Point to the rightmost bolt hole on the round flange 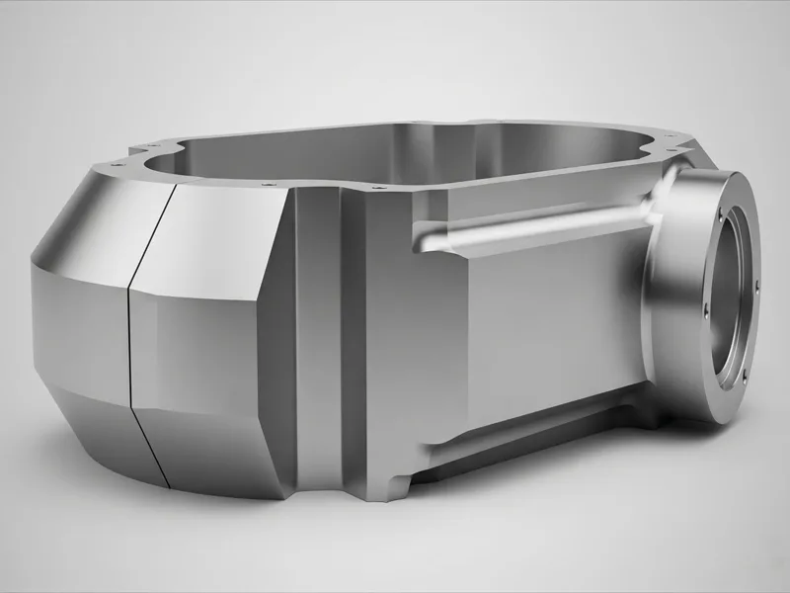[756, 287]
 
